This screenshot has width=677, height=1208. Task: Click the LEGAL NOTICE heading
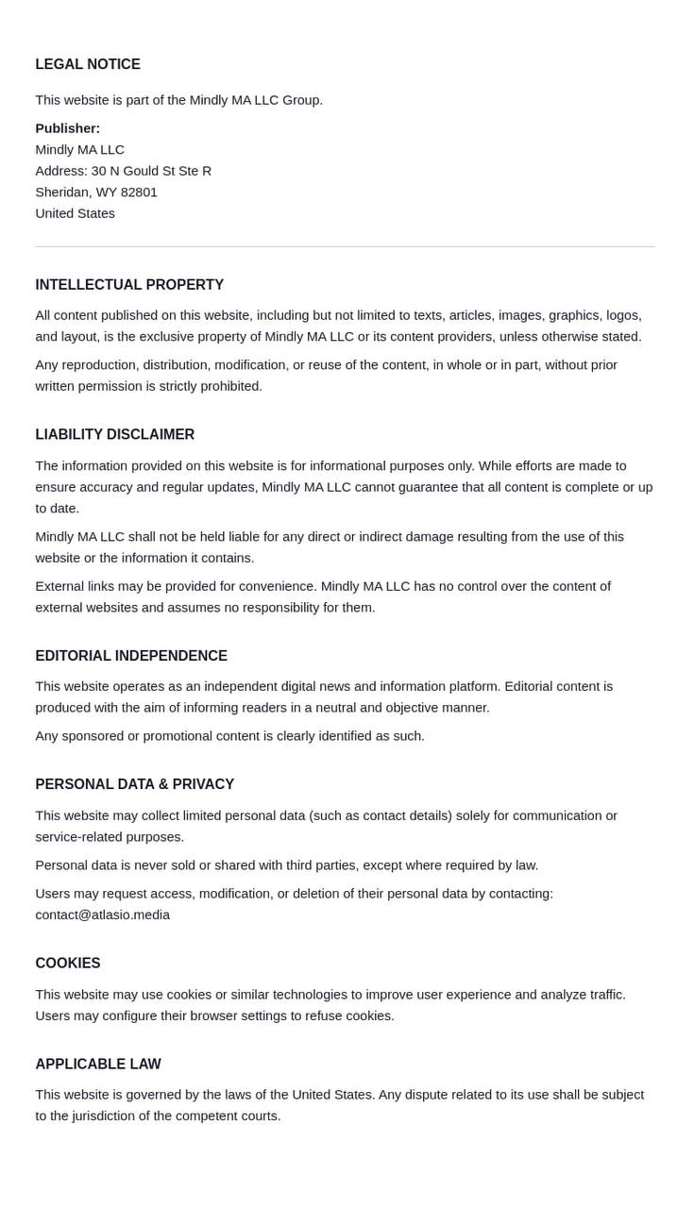tap(88, 64)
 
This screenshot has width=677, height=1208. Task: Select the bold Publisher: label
tap(68, 128)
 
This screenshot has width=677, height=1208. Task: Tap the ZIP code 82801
tap(139, 192)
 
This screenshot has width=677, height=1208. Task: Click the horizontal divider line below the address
tap(345, 246)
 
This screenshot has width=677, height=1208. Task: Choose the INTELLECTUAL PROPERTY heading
tap(129, 285)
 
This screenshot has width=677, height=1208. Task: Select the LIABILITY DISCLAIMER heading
tap(115, 435)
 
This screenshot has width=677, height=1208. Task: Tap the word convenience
tap(275, 586)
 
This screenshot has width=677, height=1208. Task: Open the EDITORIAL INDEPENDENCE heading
tap(131, 656)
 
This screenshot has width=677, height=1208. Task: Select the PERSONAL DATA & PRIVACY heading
tap(135, 784)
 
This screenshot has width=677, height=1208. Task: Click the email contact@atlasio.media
tap(103, 914)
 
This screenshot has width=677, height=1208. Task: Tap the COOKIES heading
tap(68, 964)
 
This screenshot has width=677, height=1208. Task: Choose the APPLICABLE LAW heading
tap(98, 1065)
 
